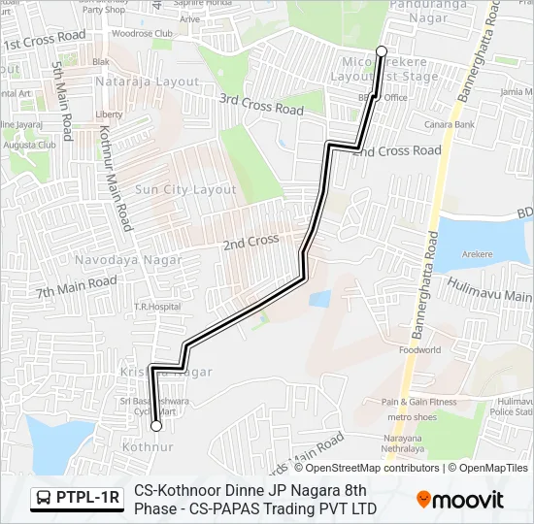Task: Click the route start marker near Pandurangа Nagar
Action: click(382, 50)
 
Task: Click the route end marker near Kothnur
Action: click(155, 425)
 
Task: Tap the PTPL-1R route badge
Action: click(77, 499)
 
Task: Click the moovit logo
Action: click(460, 500)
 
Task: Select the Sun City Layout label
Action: click(185, 189)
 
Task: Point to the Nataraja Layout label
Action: click(147, 82)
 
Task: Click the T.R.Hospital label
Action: click(157, 307)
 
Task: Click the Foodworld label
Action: click(419, 349)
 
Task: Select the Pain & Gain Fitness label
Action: click(418, 402)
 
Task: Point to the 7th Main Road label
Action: click(77, 287)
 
